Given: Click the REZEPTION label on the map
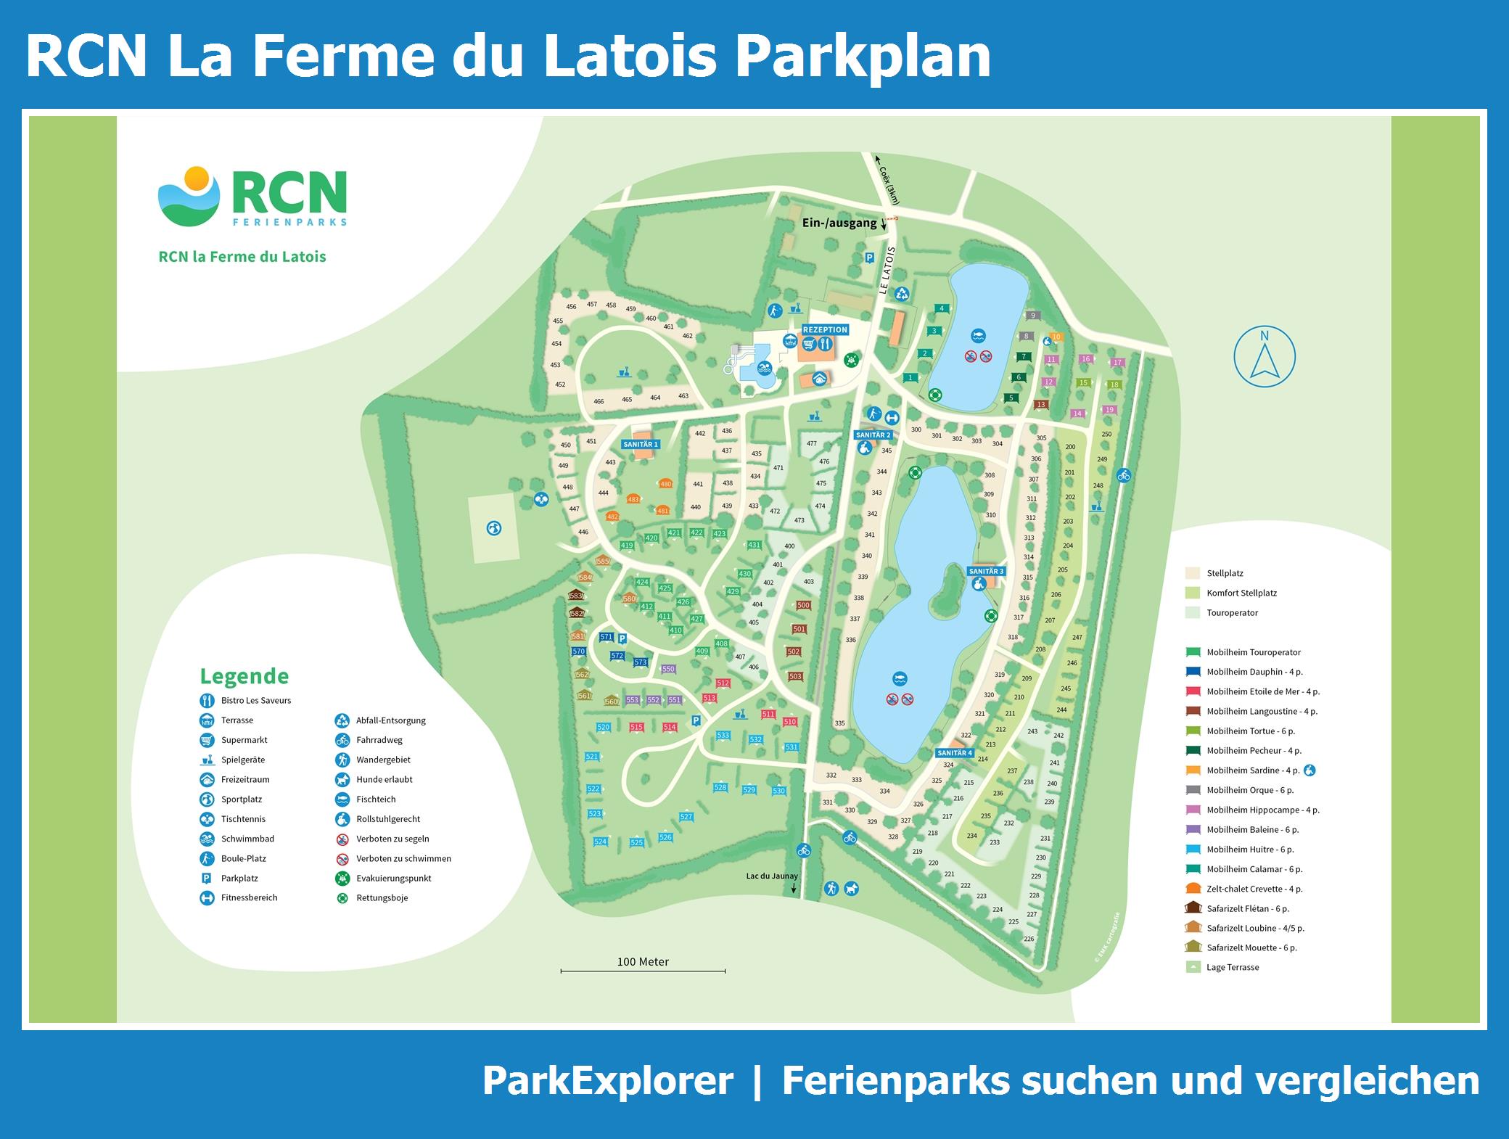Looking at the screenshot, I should (x=825, y=329).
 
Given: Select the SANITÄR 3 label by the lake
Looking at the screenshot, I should (x=986, y=571).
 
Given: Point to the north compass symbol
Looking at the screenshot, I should (x=1265, y=355).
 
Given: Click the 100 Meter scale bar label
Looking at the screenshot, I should (x=643, y=962).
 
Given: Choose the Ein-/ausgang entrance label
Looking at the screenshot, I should (x=839, y=223).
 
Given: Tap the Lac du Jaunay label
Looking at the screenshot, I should (x=772, y=876).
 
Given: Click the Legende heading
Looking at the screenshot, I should (x=244, y=676).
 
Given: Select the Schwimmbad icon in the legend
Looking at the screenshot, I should (x=207, y=839).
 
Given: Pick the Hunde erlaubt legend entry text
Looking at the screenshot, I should (x=385, y=779).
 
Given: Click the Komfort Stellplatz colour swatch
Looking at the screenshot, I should (x=1193, y=593).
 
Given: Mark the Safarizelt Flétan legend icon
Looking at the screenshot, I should (x=1193, y=908).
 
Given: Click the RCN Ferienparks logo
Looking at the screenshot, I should (x=252, y=197).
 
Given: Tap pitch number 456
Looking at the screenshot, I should (x=571, y=307).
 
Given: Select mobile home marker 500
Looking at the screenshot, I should (x=803, y=605).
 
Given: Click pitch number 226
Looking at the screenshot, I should (x=1028, y=939).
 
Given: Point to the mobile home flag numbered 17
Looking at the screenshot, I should (x=1117, y=362).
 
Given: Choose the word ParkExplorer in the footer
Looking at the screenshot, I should (x=608, y=1080).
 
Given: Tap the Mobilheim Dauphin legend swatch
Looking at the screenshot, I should (x=1193, y=672).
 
